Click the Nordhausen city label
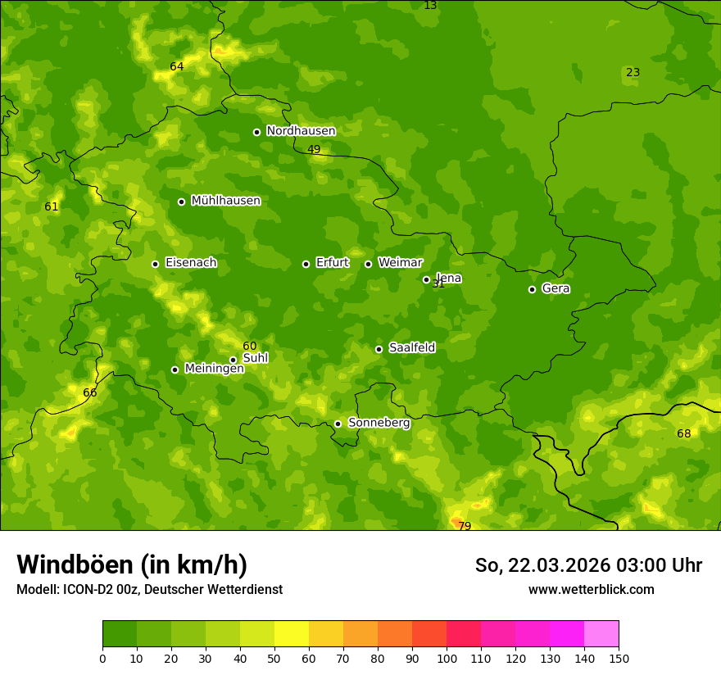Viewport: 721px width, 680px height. [x=301, y=131]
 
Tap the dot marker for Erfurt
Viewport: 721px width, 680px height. [x=306, y=264]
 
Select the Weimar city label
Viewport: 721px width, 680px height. [x=400, y=263]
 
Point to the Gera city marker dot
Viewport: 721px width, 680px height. [x=532, y=289]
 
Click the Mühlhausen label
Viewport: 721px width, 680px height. [x=225, y=201]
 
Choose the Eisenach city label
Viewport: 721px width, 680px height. [x=191, y=263]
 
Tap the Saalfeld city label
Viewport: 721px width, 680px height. [x=411, y=348]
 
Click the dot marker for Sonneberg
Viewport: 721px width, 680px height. [x=338, y=424]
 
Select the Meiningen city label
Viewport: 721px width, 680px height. [x=214, y=369]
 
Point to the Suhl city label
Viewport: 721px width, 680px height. [x=256, y=358]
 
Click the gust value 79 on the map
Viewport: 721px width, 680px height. [x=465, y=526]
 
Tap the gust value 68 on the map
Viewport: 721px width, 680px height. [x=683, y=433]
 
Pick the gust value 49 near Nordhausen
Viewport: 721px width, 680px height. [x=314, y=149]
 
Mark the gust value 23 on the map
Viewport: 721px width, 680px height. [x=633, y=72]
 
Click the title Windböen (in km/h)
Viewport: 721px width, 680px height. [x=131, y=564]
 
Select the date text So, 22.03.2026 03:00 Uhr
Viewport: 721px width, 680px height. [x=588, y=565]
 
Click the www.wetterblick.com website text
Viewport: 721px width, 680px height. [x=591, y=589]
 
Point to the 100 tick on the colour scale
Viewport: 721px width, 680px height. [x=447, y=658]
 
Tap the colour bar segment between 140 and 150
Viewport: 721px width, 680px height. [x=601, y=634]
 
